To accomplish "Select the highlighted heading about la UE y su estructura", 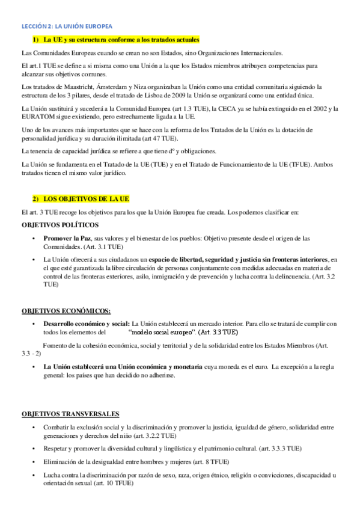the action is coord(116,40).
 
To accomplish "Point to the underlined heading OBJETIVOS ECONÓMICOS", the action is coord(66,311).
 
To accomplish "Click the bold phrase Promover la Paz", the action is coord(67,238).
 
